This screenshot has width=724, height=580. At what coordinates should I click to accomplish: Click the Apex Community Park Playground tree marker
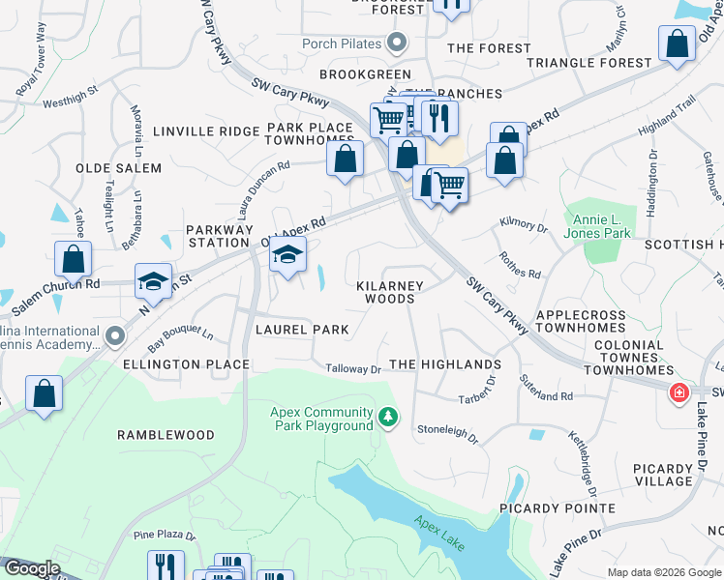click(388, 417)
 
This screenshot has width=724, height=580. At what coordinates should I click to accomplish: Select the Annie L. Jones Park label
click(603, 226)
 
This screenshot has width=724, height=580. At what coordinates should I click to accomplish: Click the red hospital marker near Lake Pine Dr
click(679, 392)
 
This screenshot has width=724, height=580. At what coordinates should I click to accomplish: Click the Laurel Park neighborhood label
click(302, 330)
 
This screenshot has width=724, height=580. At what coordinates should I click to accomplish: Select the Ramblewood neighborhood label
click(166, 435)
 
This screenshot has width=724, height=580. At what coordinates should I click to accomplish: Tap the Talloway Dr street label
click(353, 369)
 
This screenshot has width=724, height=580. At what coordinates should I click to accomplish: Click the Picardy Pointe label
click(558, 507)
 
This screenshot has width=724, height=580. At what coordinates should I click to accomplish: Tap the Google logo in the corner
click(31, 568)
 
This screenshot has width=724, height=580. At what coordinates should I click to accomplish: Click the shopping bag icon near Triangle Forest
click(676, 43)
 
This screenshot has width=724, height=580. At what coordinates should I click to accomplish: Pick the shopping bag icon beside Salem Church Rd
click(73, 259)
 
